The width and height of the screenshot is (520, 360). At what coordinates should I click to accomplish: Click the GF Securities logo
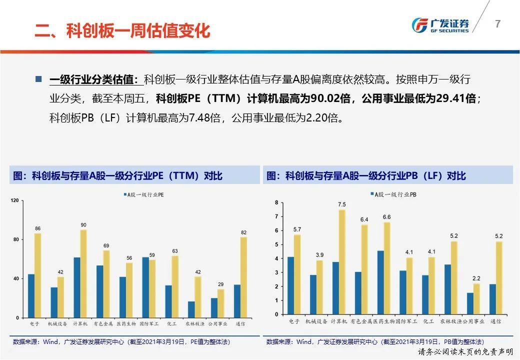pyautogui.click(x=440, y=24)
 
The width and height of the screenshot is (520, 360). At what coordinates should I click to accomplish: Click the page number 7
pyautogui.click(x=497, y=24)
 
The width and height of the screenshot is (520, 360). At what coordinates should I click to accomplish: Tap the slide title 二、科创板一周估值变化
pyautogui.click(x=122, y=31)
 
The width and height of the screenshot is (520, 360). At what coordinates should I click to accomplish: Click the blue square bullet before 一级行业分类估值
pyautogui.click(x=38, y=79)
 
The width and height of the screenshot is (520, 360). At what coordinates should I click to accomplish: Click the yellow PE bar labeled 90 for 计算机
pyautogui.click(x=83, y=273)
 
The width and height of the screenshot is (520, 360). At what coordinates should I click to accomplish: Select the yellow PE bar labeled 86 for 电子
pyautogui.click(x=37, y=275)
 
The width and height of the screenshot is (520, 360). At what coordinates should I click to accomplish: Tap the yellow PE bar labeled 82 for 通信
pyautogui.click(x=243, y=277)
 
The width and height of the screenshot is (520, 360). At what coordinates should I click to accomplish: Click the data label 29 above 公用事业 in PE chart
pyautogui.click(x=220, y=284)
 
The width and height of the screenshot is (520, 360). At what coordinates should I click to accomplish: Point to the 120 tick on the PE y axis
pyautogui.click(x=14, y=201)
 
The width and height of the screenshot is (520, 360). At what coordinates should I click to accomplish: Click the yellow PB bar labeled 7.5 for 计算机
pyautogui.click(x=342, y=262)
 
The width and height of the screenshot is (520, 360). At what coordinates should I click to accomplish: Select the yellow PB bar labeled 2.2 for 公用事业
pyautogui.click(x=477, y=299)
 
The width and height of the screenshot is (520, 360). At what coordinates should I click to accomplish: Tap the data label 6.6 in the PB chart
pyautogui.click(x=386, y=217)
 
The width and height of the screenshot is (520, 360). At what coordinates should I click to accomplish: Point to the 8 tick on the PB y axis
pyautogui.click(x=276, y=202)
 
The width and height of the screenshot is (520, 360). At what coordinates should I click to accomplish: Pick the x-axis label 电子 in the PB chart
pyautogui.click(x=294, y=321)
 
